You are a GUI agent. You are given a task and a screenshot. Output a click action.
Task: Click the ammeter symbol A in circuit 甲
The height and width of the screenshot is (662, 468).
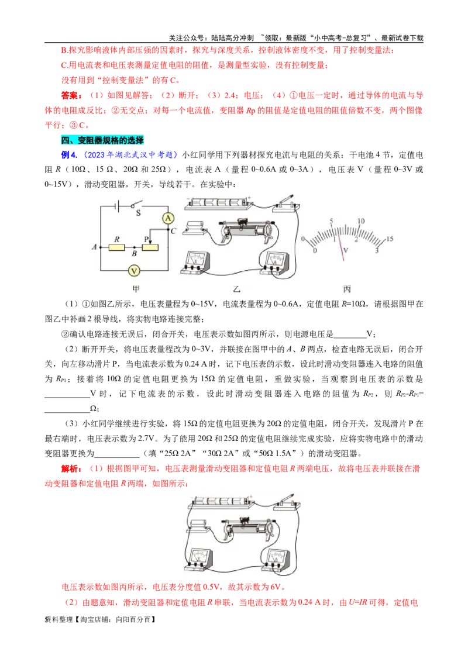pos(168,218)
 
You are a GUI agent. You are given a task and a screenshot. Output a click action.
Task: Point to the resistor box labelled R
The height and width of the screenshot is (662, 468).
pos(117,247)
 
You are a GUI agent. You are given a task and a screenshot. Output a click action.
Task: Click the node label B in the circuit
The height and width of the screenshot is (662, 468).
pos(134,254)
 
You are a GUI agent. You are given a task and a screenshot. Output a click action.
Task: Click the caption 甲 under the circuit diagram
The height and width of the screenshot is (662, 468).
pos(136,288)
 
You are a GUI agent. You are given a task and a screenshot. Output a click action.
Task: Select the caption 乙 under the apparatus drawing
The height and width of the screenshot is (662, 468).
pos(237,288)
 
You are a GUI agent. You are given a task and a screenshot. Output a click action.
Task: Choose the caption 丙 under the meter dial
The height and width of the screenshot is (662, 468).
pos(347,288)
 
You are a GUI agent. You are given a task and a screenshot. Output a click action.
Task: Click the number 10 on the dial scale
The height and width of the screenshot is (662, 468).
pos(361,222)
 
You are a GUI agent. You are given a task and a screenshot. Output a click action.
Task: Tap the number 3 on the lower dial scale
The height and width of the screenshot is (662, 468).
pos(376,250)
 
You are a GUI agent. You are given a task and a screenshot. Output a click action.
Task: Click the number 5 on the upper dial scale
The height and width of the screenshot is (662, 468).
pos(332,222)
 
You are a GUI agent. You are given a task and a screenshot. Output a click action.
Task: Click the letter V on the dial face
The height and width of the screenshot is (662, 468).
pos(345,250)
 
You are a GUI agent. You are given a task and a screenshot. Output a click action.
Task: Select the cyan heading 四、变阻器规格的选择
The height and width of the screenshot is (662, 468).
pos(102,140)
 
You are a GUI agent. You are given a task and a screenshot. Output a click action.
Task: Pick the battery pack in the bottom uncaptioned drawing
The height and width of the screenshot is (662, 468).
pos(219,502)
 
